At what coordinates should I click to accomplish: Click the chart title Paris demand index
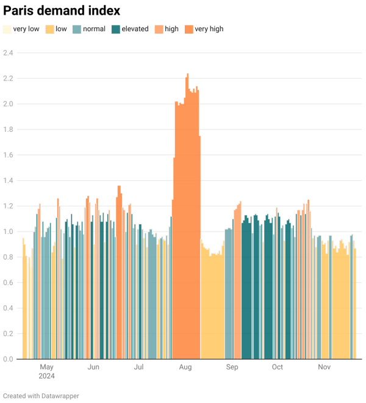pos(61,11)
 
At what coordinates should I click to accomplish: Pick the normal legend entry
pos(93,29)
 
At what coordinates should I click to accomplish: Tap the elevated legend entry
pos(134,29)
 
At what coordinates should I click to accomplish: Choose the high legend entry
pos(171,29)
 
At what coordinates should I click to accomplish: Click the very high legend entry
pos(209,29)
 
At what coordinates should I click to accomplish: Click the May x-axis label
pos(46,368)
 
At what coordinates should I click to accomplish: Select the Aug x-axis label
pos(185,368)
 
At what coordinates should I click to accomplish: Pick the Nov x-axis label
pos(324,368)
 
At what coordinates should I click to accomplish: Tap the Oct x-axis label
pos(278,368)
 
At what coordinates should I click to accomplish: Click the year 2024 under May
pos(46,376)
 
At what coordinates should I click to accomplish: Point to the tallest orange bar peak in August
pos(188,74)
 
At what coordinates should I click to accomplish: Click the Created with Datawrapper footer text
pos(41,396)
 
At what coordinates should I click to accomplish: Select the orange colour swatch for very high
pos(188,29)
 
